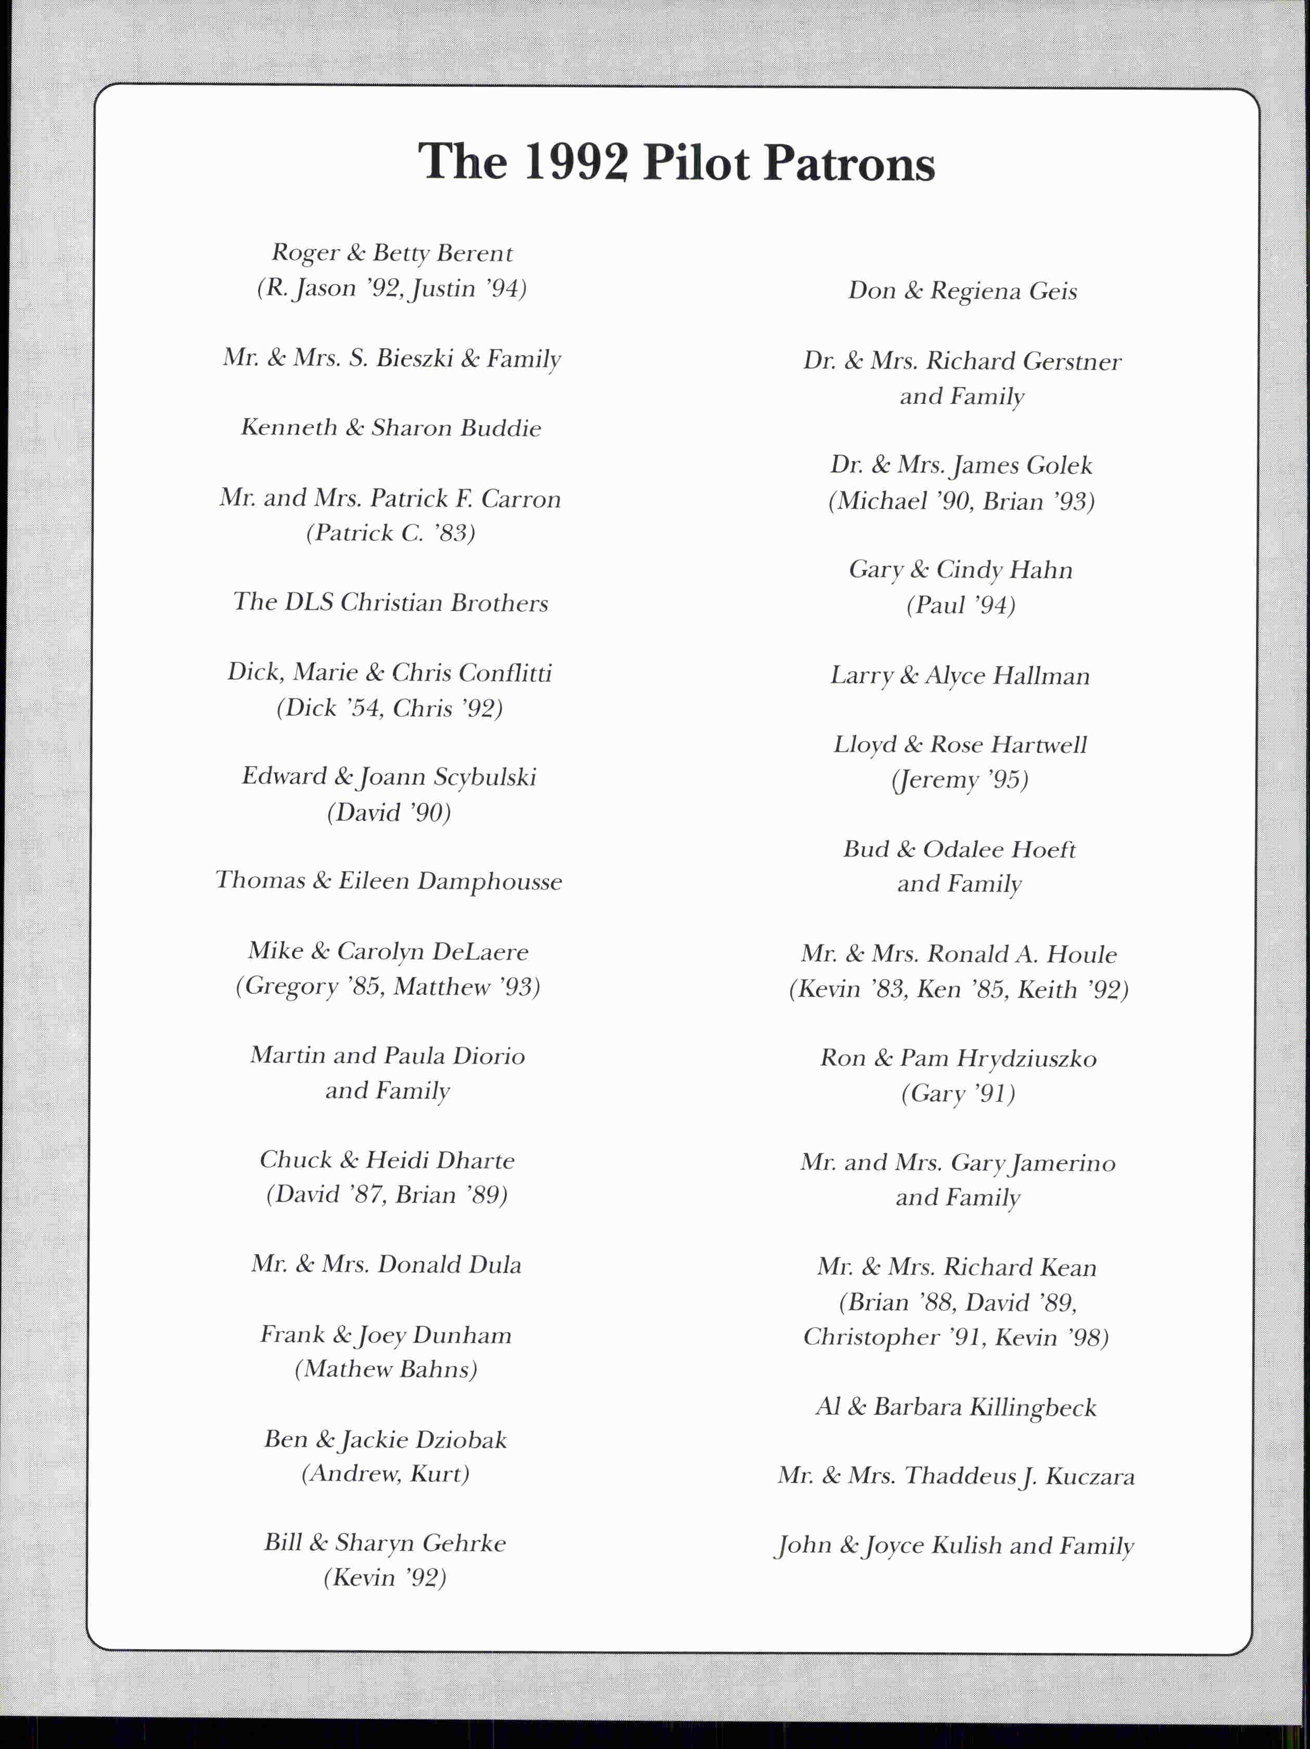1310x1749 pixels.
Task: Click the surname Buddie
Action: point(501,429)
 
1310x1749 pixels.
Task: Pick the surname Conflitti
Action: point(504,673)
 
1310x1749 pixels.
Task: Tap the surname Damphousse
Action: point(489,882)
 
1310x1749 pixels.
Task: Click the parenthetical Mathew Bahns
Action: point(387,1370)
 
